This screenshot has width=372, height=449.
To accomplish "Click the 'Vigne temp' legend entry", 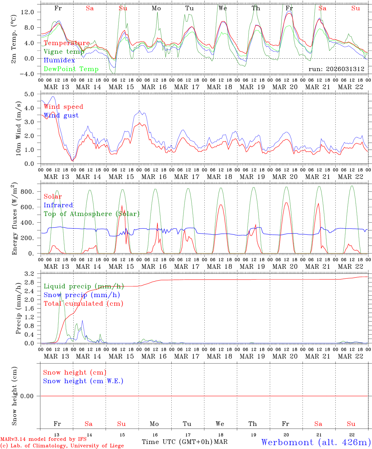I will click(64, 52).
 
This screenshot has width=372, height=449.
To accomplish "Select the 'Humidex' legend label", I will click(59, 60).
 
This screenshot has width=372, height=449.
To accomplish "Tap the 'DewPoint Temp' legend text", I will click(71, 69).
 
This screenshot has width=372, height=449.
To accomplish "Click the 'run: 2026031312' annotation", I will click(336, 69).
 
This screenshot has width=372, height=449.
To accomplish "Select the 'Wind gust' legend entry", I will click(61, 115).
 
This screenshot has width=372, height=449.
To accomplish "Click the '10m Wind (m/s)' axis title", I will click(19, 129).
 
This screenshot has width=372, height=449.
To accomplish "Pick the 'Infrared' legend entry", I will click(58, 205).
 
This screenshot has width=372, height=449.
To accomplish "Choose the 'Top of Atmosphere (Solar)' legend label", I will click(92, 214).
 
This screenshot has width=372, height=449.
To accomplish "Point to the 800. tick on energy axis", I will click(27, 192).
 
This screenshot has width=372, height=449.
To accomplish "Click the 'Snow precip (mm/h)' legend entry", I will click(82, 295).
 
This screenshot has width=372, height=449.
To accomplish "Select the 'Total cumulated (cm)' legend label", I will click(83, 304).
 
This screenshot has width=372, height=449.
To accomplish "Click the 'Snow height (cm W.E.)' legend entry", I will click(83, 381).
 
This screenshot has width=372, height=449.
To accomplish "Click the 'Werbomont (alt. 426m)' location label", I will click(316, 442).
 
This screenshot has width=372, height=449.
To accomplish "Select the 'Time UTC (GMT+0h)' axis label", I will click(177, 442).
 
